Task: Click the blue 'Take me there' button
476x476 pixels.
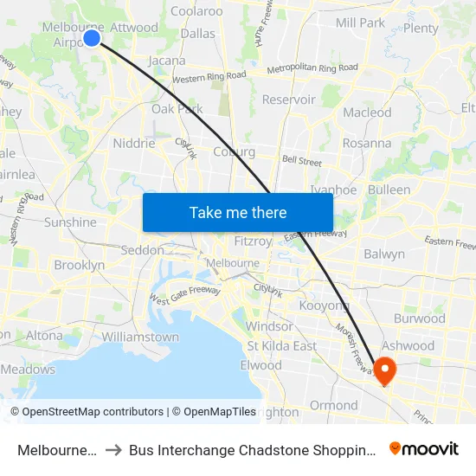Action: (x=237, y=212)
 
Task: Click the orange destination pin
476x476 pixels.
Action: (x=383, y=370)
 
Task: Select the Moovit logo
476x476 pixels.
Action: (x=423, y=448)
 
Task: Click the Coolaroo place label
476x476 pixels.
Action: (x=196, y=11)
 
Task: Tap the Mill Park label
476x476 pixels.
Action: (x=359, y=23)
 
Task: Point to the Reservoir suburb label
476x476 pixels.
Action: (x=288, y=100)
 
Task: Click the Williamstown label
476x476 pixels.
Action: (x=140, y=337)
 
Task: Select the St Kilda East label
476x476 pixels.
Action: (x=281, y=346)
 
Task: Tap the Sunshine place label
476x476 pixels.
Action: (x=70, y=222)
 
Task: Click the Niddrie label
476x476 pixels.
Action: (x=134, y=144)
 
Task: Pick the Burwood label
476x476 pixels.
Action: (x=419, y=318)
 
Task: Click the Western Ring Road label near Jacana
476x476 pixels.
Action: (x=209, y=77)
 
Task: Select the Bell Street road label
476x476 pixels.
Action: (x=301, y=161)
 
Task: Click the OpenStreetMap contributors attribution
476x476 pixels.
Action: (x=87, y=412)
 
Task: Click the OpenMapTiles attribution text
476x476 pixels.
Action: (x=213, y=412)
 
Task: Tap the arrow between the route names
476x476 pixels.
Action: (x=114, y=449)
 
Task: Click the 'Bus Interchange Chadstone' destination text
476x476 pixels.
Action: (x=252, y=449)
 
